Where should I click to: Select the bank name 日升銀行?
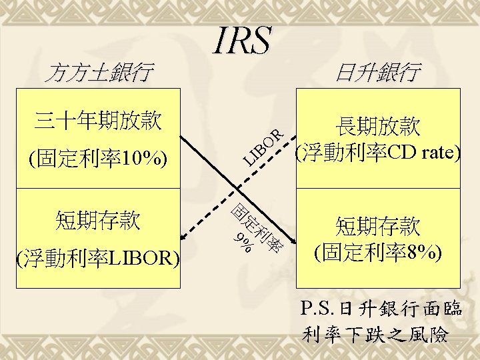[377, 71]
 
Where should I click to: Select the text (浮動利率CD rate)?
[377, 153]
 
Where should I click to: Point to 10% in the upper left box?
[141, 159]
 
